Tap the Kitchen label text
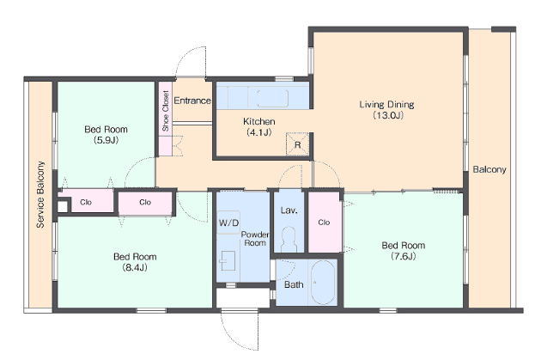point(259,121)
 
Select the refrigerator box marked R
point(297,144)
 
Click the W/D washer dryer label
point(228,223)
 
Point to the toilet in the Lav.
point(289,240)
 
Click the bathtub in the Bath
point(323,282)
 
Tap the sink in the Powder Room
point(228,261)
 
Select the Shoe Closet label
point(166,111)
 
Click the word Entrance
point(192,101)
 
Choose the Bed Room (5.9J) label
point(106,134)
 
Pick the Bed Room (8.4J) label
point(135,262)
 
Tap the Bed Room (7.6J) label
point(404,251)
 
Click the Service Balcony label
point(40,194)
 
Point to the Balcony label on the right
point(489,169)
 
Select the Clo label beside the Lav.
point(324,223)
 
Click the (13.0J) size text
point(388,115)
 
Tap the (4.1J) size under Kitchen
point(259,132)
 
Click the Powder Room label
point(255,239)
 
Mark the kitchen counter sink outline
point(268,98)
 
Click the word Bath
point(294,284)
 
